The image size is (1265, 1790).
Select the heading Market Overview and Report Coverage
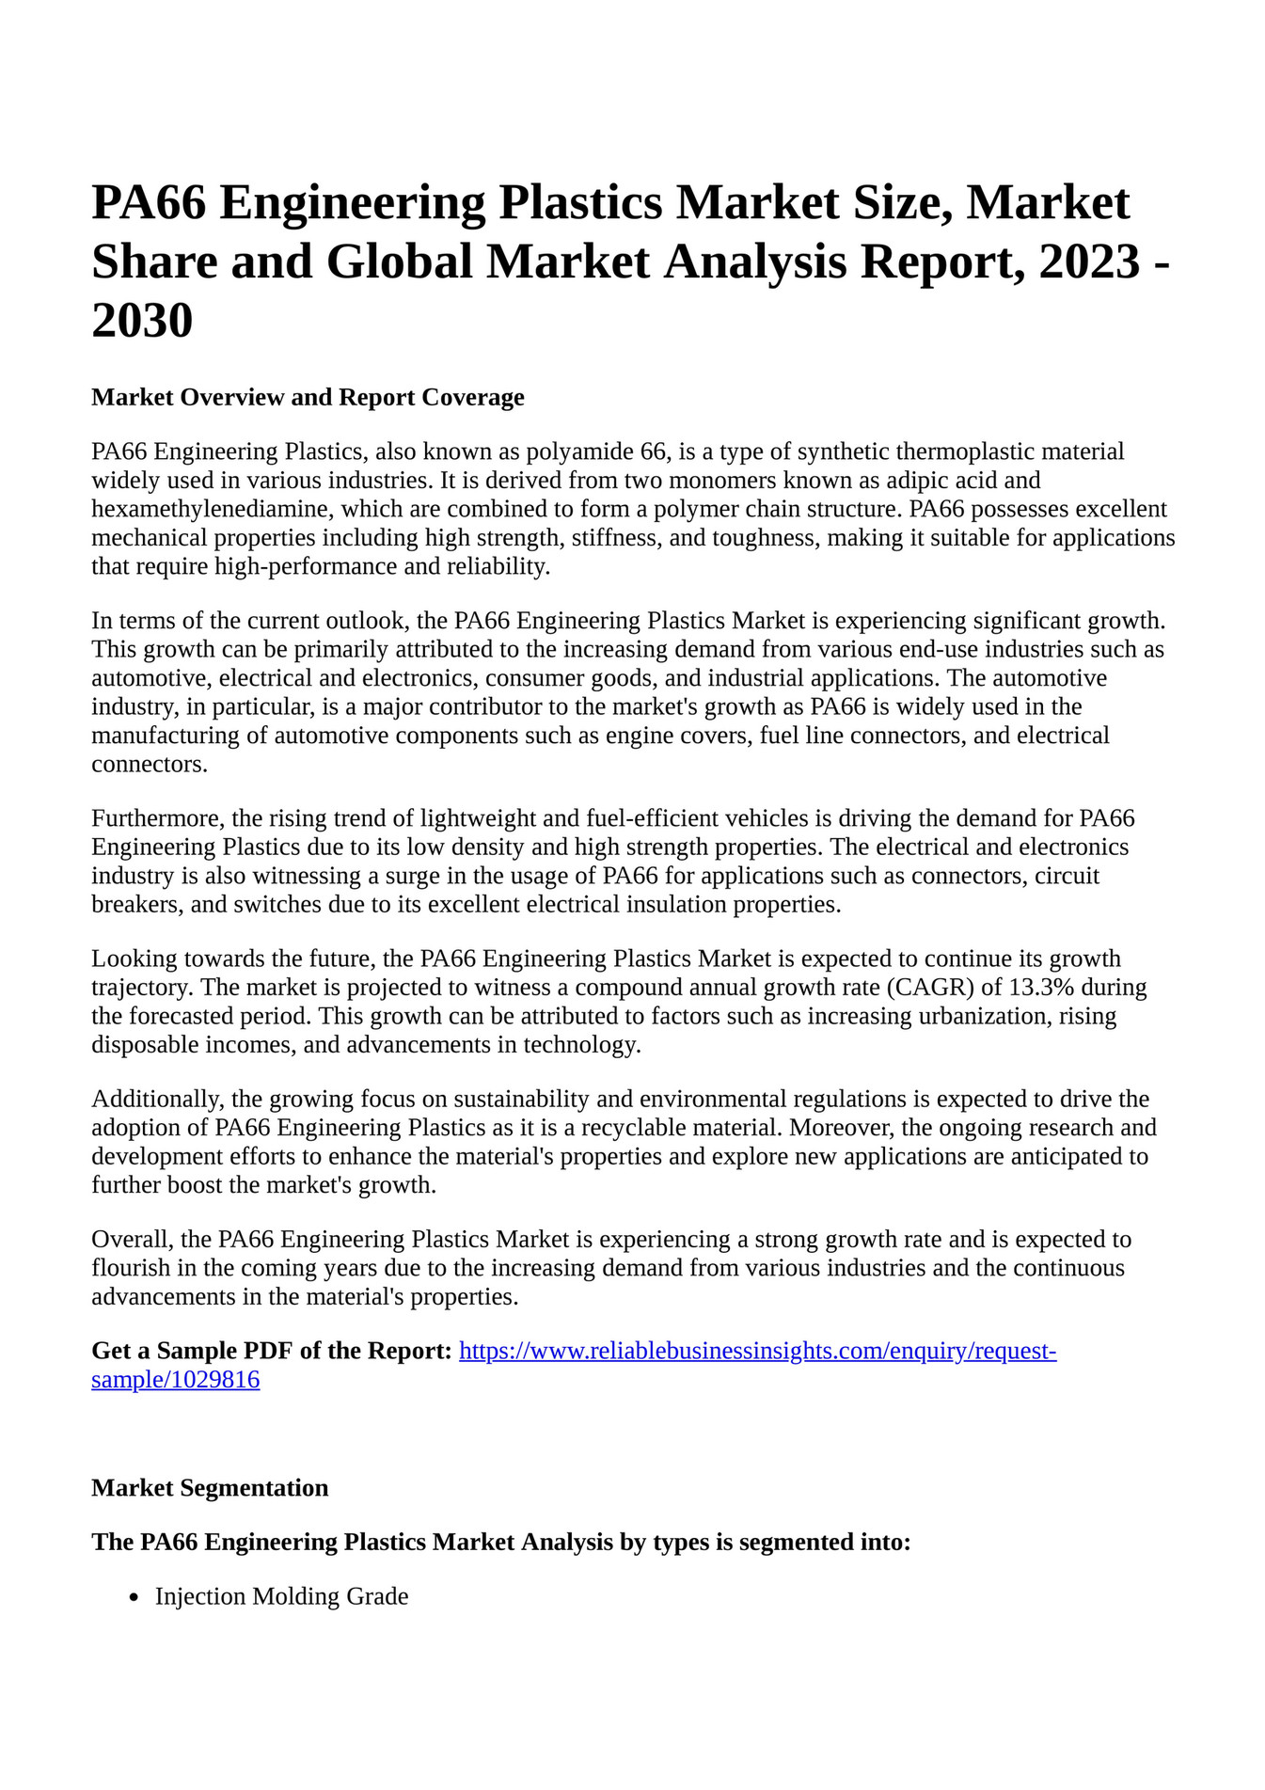point(308,397)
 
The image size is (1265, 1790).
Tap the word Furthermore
point(156,818)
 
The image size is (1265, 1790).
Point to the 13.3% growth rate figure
point(1042,988)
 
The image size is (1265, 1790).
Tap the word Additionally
point(156,1099)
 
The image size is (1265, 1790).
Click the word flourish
point(130,1268)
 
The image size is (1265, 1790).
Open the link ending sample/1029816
point(175,1380)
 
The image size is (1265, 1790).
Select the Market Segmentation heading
point(210,1488)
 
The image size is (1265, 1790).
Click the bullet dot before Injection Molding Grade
point(135,1597)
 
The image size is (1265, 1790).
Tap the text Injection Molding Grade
point(281,1596)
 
